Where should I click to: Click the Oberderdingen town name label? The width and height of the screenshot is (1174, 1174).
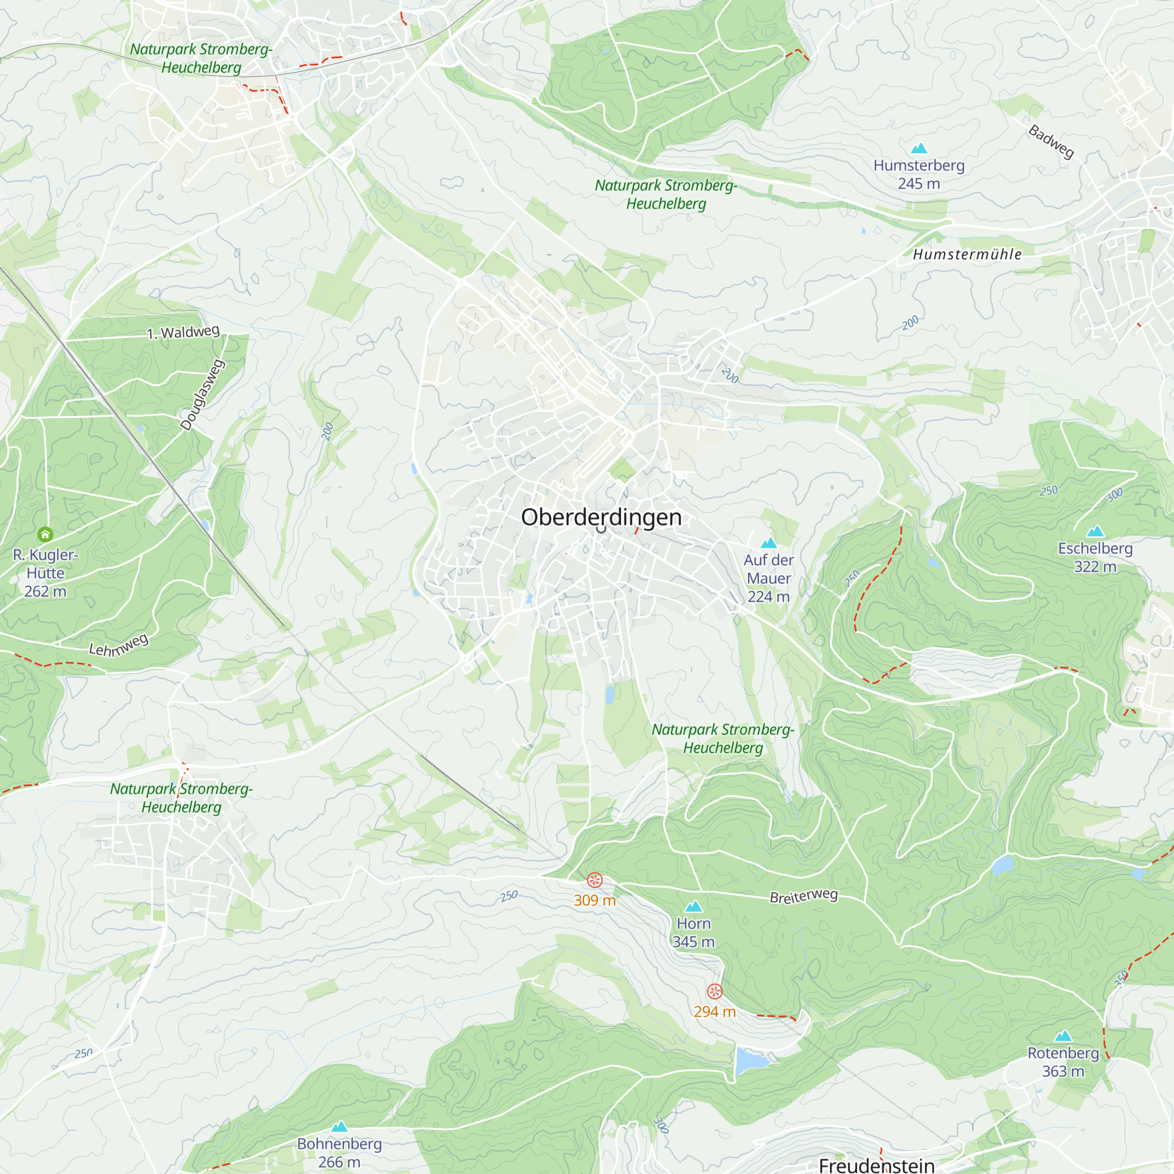(x=601, y=517)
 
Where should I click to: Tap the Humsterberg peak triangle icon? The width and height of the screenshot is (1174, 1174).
(x=919, y=148)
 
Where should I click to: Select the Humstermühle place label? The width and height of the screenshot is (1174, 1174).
(x=967, y=254)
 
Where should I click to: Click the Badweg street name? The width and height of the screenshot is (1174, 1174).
(x=1051, y=141)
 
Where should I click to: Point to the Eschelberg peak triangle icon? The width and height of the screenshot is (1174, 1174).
(x=1095, y=531)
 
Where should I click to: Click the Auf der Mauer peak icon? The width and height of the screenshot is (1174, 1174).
(x=769, y=542)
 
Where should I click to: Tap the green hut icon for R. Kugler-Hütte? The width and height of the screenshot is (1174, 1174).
(x=45, y=535)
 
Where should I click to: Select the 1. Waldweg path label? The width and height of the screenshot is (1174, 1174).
(x=183, y=332)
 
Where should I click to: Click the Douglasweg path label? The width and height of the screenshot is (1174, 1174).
(x=203, y=395)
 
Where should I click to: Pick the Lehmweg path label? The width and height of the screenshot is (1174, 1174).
(x=119, y=645)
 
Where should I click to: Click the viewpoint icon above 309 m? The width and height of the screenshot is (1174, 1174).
(x=595, y=880)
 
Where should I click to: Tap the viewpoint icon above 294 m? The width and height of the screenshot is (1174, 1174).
(x=714, y=991)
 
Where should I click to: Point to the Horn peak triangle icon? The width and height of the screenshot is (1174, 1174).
(x=693, y=907)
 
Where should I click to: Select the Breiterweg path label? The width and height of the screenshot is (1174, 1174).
(x=804, y=896)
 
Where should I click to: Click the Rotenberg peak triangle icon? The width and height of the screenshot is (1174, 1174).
(x=1063, y=1036)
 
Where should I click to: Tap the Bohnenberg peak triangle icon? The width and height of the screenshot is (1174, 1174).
(x=339, y=1126)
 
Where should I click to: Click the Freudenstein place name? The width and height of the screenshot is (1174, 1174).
(x=876, y=1164)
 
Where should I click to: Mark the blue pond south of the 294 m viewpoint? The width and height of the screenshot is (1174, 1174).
(x=750, y=1060)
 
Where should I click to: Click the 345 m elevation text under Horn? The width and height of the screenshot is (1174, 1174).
(x=693, y=942)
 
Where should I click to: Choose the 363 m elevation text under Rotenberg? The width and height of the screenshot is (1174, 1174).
(x=1063, y=1071)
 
